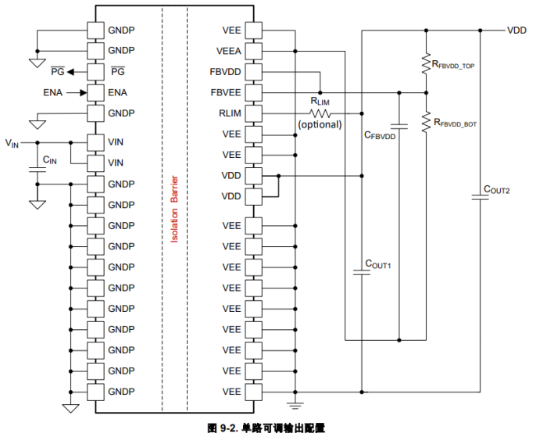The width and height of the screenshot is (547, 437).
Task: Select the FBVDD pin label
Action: click(227, 72)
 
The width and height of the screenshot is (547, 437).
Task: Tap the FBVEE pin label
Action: click(227, 92)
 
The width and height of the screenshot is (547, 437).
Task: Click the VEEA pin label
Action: click(229, 51)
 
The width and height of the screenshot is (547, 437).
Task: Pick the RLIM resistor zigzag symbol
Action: click(320, 113)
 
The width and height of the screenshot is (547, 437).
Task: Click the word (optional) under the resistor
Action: click(320, 124)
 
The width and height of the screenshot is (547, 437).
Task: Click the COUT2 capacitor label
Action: click(497, 189)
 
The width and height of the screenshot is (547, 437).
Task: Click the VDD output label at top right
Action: click(517, 30)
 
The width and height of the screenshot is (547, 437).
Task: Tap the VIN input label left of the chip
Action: click(13, 143)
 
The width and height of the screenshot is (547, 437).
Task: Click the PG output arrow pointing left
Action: click(71, 72)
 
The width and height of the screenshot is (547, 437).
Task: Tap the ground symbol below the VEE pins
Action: click(295, 404)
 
